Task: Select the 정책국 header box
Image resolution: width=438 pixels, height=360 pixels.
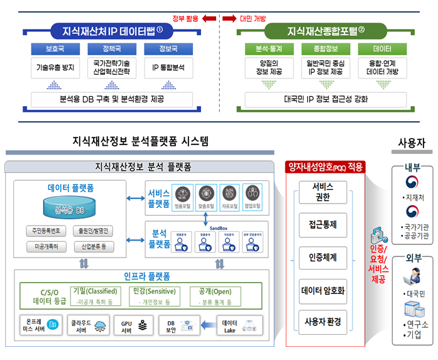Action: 106,48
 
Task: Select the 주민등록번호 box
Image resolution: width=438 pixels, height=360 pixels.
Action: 47,231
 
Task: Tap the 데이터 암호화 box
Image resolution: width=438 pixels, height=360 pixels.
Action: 323,290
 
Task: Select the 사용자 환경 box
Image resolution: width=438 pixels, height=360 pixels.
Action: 323,322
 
